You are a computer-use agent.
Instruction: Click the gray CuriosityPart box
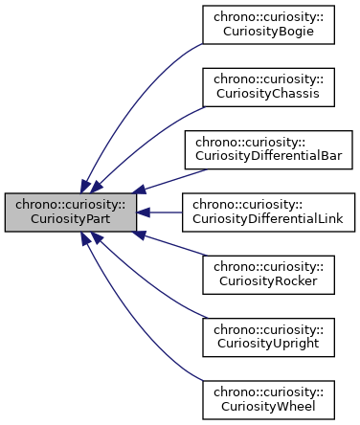[x=69, y=212]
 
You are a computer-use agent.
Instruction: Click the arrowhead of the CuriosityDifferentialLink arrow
[x=142, y=212]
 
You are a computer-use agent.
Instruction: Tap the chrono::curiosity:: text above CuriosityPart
[x=69, y=204]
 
